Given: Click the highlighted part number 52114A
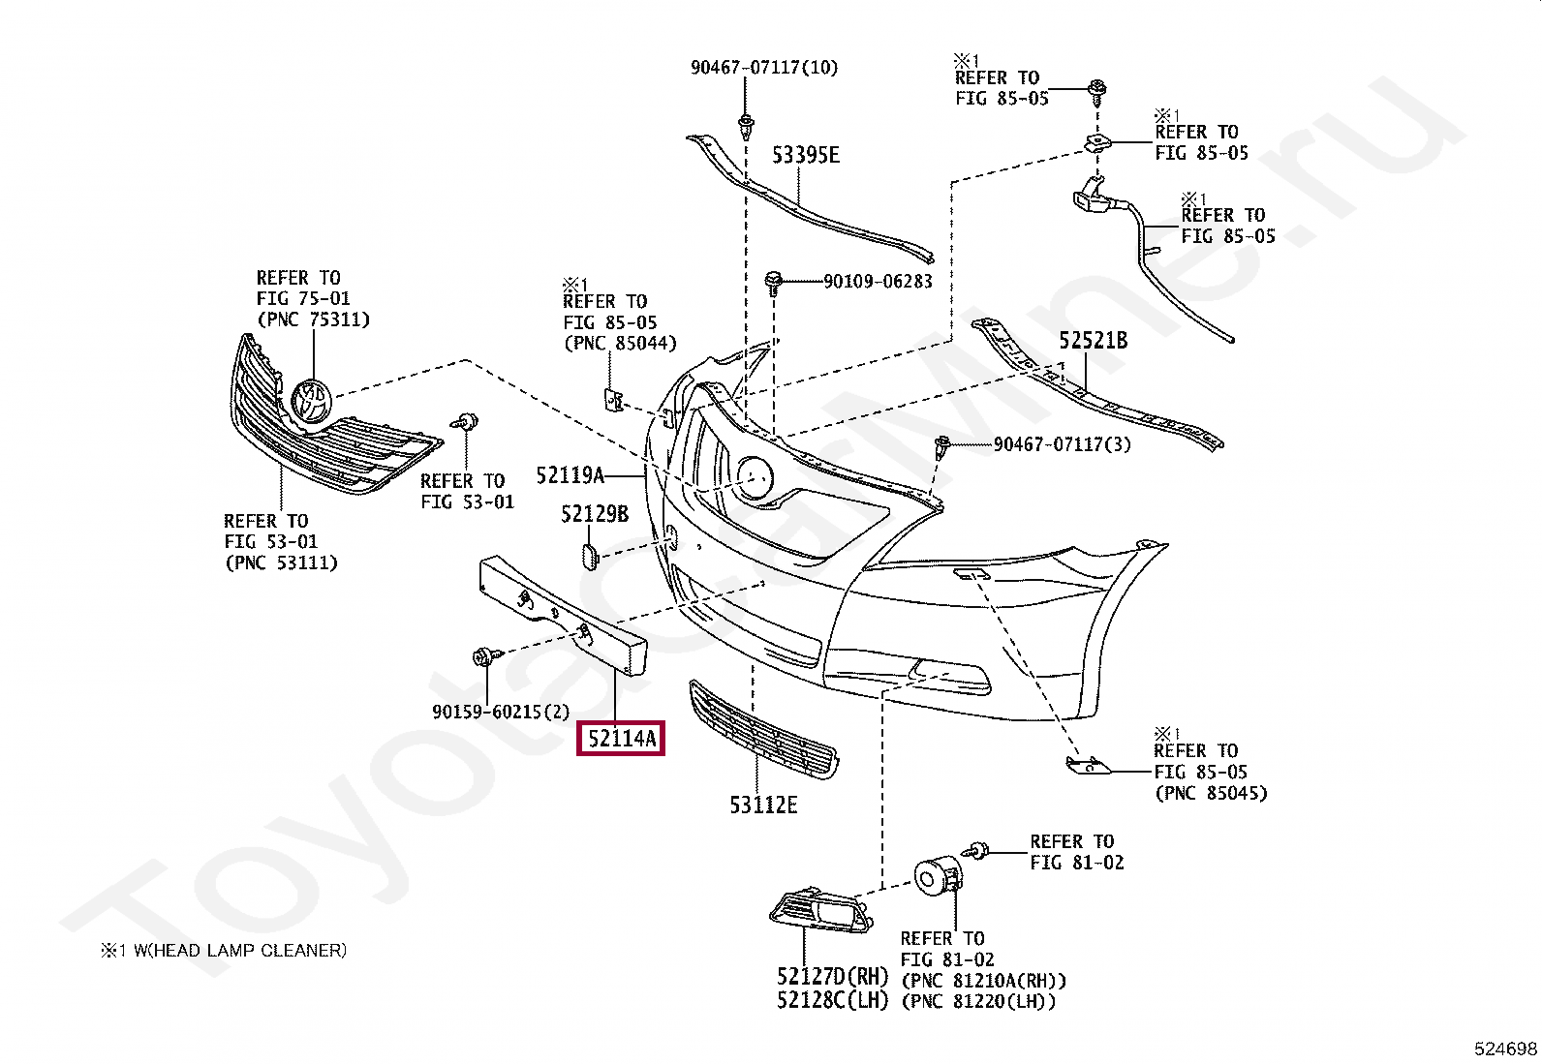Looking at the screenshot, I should click(621, 739).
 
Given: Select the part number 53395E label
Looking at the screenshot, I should click(805, 155).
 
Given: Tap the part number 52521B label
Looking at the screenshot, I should click(1093, 341).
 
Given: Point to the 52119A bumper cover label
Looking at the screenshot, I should click(570, 475).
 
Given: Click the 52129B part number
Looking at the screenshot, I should click(595, 514).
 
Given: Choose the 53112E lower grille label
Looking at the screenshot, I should click(763, 805).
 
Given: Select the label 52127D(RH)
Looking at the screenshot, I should click(832, 977).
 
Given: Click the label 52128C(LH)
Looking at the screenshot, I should click(832, 1000).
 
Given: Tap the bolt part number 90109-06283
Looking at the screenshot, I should click(878, 282).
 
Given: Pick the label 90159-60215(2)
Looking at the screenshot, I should click(501, 712).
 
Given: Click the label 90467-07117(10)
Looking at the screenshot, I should click(764, 68).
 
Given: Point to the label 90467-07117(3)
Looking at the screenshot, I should click(1062, 444).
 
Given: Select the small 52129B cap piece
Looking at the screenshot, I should click(590, 555).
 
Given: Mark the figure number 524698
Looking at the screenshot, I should click(1505, 1049).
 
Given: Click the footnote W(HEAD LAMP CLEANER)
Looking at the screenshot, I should click(239, 951).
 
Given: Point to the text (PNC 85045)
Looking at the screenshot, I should click(1211, 793).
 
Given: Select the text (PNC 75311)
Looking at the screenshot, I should click(313, 319).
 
